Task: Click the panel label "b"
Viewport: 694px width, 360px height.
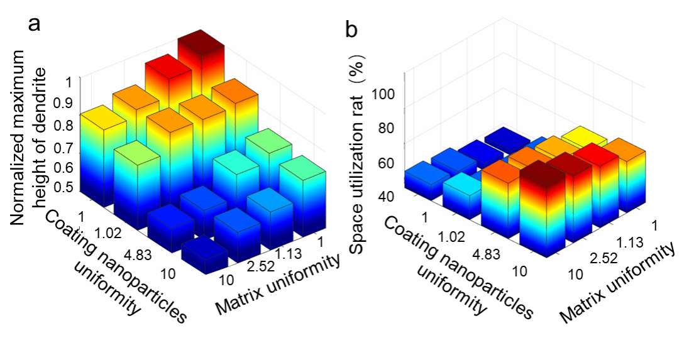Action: point(353,30)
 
